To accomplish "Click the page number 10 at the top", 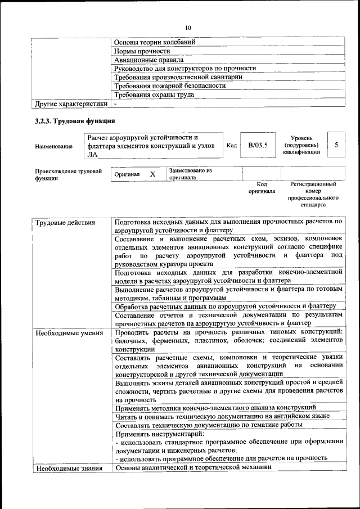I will (x=188, y=28).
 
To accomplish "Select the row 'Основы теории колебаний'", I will (x=155, y=42).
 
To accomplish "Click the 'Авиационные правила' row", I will (x=148, y=60).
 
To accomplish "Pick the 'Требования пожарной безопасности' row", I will (x=170, y=85).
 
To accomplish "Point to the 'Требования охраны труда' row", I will (x=154, y=94).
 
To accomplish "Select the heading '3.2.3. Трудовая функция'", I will (x=75, y=121).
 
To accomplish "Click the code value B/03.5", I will (x=258, y=145).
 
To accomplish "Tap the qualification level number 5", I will (x=336, y=145).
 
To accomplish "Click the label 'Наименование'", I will (x=53, y=146).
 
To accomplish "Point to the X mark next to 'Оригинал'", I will (x=152, y=174).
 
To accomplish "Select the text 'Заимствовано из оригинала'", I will (x=190, y=173).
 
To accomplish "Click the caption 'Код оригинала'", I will (x=262, y=187).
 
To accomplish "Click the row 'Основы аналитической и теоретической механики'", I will (x=193, y=467).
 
